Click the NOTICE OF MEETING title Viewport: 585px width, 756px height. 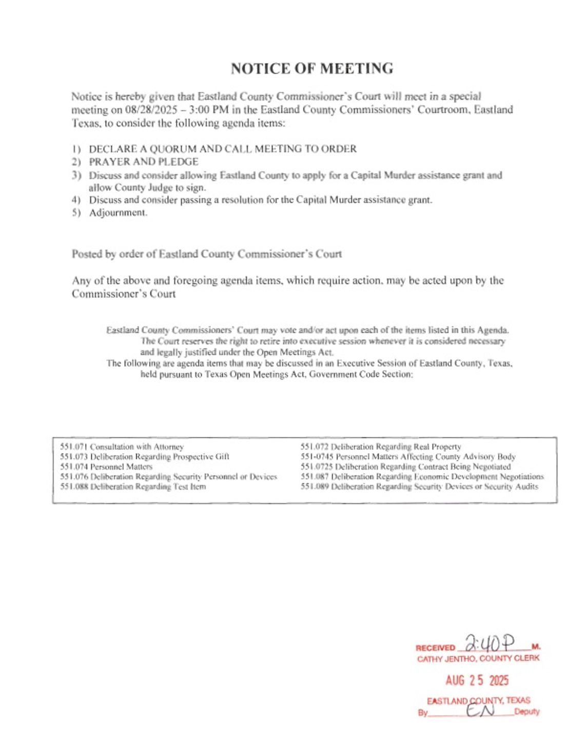(x=311, y=68)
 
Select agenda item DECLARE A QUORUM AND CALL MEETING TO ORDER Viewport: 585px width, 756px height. (x=223, y=149)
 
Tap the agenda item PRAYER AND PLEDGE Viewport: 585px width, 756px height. (x=144, y=162)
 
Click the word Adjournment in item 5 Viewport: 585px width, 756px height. (x=118, y=212)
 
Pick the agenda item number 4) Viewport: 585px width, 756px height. (x=76, y=200)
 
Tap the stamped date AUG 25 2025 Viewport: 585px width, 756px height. (x=477, y=681)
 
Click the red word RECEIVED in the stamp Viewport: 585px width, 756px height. (x=435, y=648)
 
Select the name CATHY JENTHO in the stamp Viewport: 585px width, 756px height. (x=446, y=658)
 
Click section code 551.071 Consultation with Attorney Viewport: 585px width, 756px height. (x=122, y=447)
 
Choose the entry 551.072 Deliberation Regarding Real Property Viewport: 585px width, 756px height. (x=381, y=447)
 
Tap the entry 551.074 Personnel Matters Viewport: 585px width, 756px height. (x=106, y=467)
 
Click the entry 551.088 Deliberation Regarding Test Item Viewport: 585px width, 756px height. (x=133, y=487)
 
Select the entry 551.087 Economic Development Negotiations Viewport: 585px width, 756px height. (x=422, y=477)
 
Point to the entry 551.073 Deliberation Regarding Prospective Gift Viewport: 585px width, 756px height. (x=145, y=457)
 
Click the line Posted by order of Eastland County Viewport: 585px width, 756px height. (x=206, y=254)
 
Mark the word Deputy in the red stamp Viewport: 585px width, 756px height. (x=526, y=712)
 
